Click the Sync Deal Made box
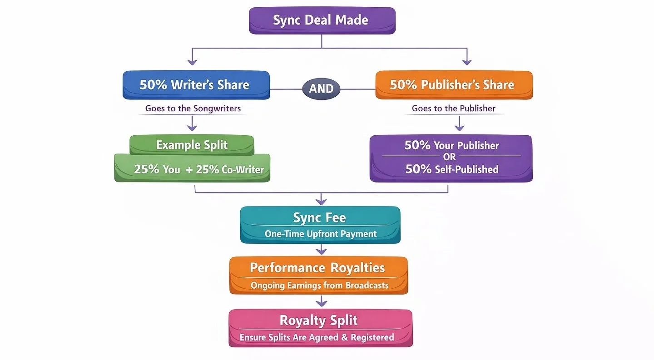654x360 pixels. pyautogui.click(x=322, y=20)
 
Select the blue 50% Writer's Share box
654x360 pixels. pyautogui.click(x=196, y=85)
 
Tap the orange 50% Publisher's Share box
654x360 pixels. pyautogui.click(x=453, y=85)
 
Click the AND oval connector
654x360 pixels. pyautogui.click(x=321, y=89)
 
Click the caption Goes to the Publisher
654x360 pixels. pyautogui.click(x=453, y=108)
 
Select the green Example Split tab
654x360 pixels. pyautogui.click(x=192, y=145)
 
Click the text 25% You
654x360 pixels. pyautogui.click(x=157, y=169)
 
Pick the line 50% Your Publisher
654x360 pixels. pyautogui.click(x=451, y=146)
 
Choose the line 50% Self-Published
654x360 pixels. pyautogui.click(x=451, y=169)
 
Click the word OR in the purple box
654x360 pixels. pyautogui.click(x=451, y=158)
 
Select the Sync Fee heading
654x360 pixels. pyautogui.click(x=319, y=218)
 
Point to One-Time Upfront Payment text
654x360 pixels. pyautogui.click(x=321, y=234)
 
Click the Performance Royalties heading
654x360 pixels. pyautogui.click(x=318, y=267)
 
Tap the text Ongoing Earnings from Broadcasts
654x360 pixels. pyautogui.click(x=319, y=286)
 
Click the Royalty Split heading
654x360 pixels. pyautogui.click(x=318, y=320)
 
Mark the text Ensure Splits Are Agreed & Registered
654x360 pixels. pyautogui.click(x=317, y=337)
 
